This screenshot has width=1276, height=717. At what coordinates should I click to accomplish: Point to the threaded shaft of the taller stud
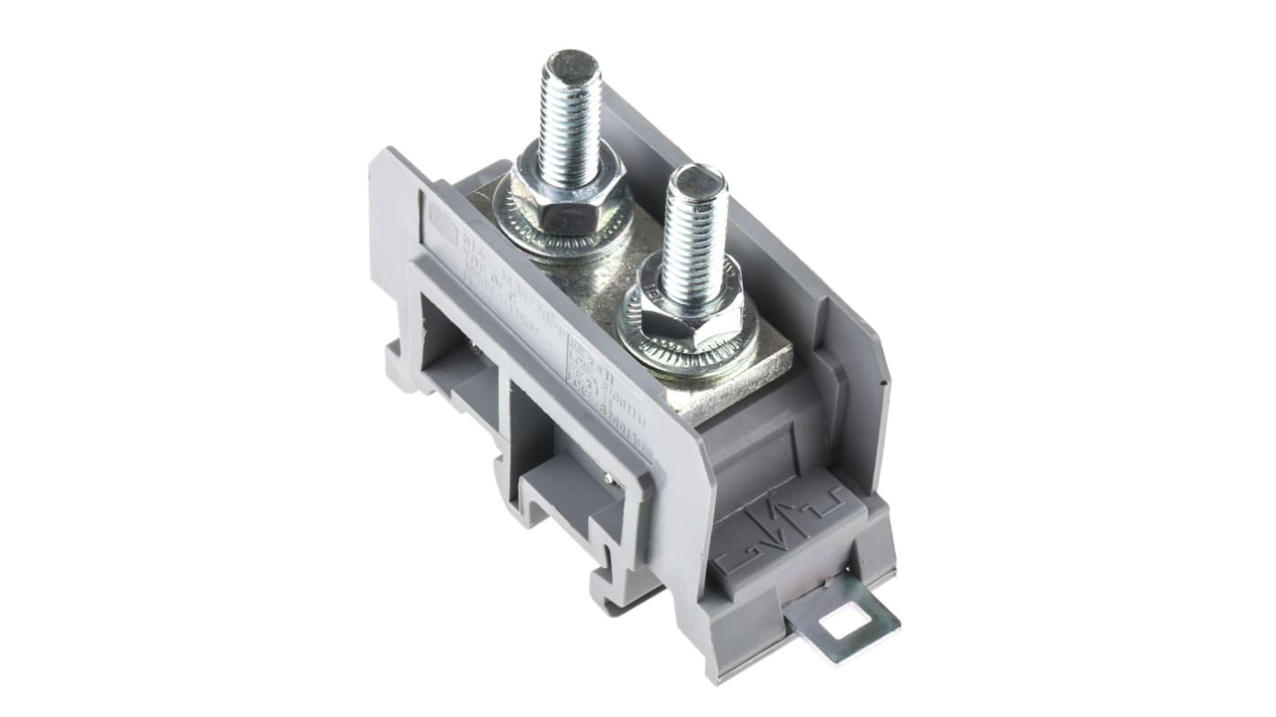coord(570,117)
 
